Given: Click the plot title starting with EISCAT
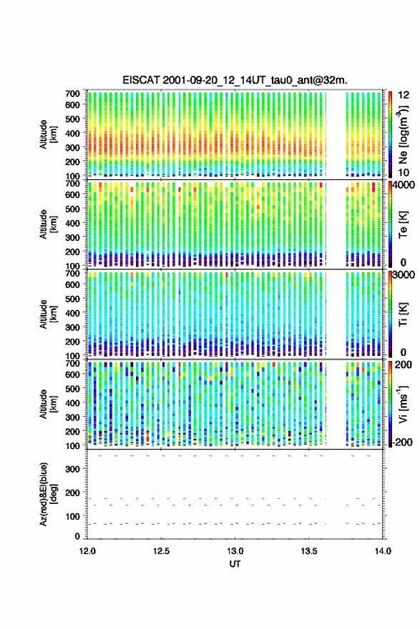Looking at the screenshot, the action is point(235,80).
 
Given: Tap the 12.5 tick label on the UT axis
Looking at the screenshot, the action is point(162,551).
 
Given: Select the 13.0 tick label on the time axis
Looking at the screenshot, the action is point(235,551).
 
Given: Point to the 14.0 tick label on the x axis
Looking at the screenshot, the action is point(383,551).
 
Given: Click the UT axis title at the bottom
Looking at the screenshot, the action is point(235,564).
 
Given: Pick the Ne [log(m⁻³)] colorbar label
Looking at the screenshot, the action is point(403,135).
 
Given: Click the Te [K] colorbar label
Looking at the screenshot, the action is point(403,224).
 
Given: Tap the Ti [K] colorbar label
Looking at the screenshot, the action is point(403,314).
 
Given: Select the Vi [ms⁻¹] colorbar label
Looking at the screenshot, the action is point(403,404).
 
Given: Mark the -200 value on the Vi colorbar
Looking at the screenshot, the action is point(402,442).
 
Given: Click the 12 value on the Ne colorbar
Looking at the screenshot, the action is point(404,95).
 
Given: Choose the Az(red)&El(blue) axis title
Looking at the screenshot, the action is point(47,495).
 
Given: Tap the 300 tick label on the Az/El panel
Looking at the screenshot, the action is point(72,469).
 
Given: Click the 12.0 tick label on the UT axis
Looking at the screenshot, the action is point(87,551).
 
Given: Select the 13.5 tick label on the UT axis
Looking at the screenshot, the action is point(309,551).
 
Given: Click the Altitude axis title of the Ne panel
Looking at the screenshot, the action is point(47,135).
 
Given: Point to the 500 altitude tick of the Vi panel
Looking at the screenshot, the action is point(72,389).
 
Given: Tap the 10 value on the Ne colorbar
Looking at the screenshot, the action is point(404,172).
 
